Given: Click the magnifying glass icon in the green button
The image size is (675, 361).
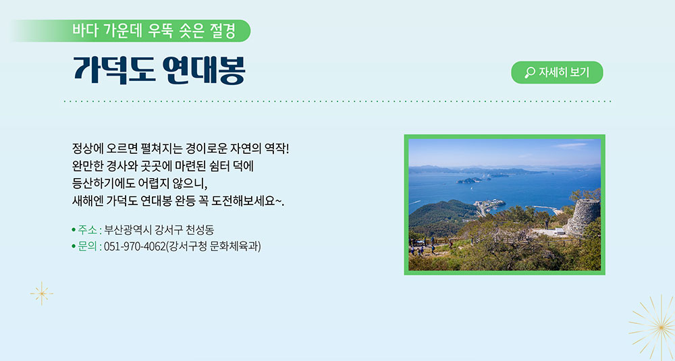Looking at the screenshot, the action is tap(530, 72).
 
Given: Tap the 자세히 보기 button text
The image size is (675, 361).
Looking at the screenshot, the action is tap(564, 72).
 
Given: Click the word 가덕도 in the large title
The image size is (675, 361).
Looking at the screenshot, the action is tap(114, 70).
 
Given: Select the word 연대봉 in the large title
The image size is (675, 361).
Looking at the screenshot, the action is tap(204, 70).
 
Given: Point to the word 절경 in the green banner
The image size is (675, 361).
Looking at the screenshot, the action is tap(223, 30).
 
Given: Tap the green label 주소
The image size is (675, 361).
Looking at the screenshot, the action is tap(87, 230).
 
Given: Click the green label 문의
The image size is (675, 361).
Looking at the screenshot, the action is tap(87, 246).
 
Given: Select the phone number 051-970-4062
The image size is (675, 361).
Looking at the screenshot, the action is tap(135, 246).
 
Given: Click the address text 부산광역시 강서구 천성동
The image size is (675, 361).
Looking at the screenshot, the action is tap(159, 230).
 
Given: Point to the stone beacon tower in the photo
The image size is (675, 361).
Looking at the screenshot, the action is tap(583, 217).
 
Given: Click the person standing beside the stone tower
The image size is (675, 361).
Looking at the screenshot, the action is tap(547, 224).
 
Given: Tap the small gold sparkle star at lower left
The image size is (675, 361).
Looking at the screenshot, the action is tap(42, 294).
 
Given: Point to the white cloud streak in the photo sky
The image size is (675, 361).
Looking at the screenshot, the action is tap(571, 146).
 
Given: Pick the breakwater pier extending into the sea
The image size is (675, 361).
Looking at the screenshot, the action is tap(545, 209).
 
